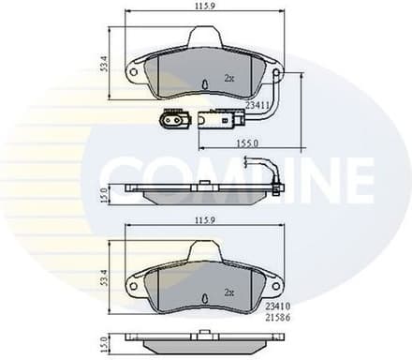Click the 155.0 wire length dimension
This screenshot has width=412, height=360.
248,142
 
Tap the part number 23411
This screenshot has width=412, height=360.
259,105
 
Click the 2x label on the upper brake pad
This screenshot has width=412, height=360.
229,79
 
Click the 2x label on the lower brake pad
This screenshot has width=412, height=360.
229,292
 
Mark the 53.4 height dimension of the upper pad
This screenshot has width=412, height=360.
103,63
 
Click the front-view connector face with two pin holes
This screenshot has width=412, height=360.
171,119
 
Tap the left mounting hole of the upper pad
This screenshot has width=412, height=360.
133,71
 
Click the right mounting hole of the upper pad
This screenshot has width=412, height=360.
277,71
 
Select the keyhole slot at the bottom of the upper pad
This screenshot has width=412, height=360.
204,87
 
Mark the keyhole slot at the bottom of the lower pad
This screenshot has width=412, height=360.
204,300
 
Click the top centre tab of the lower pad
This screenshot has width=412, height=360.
205,250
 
